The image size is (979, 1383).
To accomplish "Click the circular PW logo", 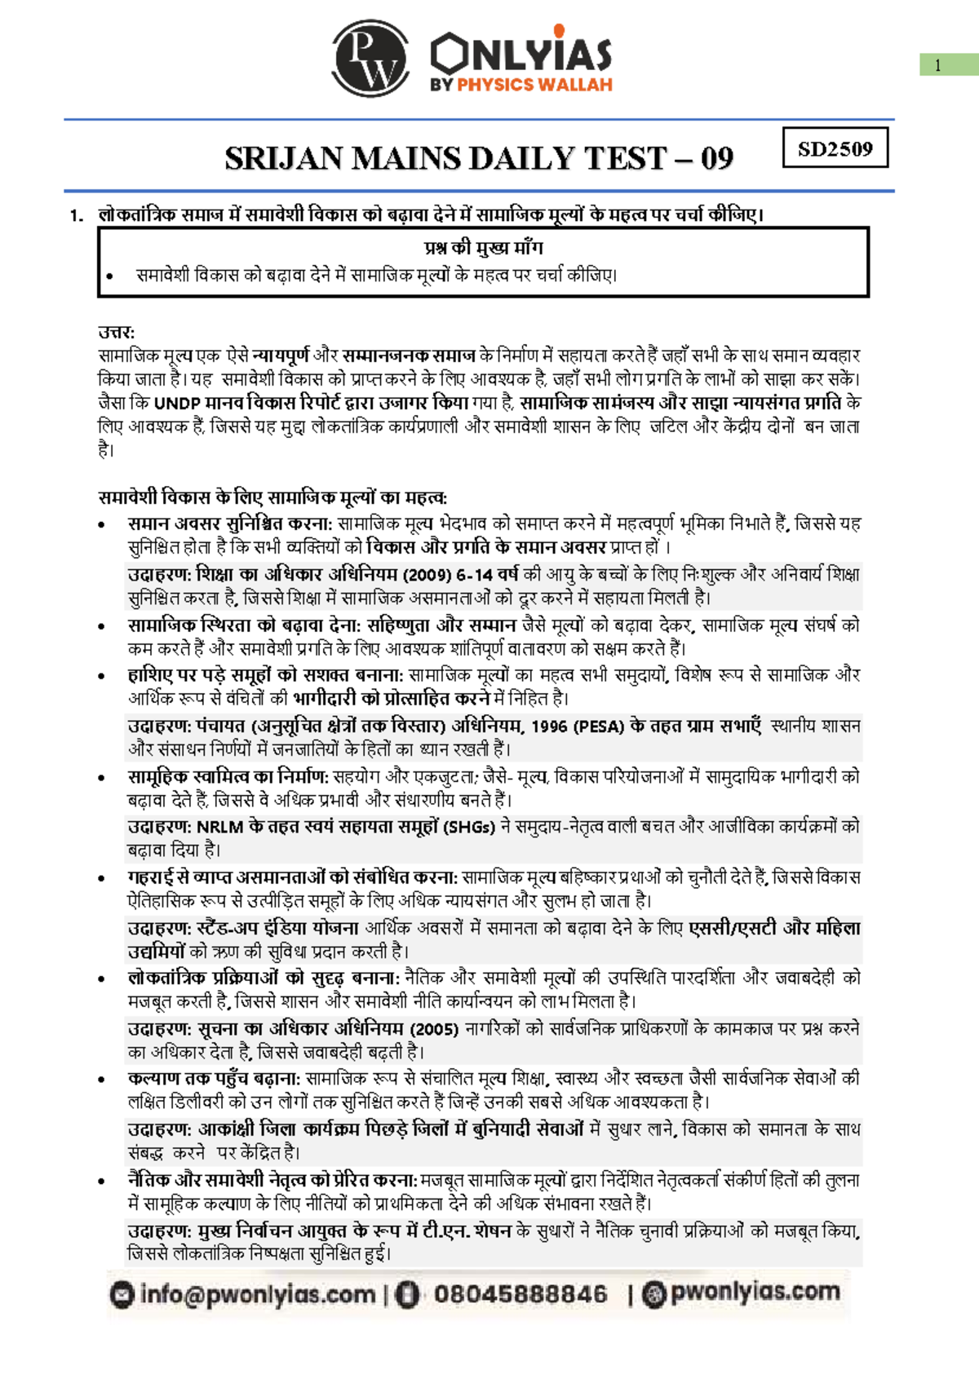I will tap(370, 60).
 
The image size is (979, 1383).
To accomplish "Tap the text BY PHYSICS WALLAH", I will tap(521, 85).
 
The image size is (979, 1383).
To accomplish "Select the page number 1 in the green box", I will tap(938, 66).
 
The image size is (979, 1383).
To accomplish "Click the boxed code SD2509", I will tap(835, 148).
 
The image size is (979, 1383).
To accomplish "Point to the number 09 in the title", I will tap(716, 158).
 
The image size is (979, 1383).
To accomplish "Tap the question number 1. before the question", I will tap(77, 216).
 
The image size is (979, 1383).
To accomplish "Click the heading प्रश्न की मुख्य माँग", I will tap(483, 248).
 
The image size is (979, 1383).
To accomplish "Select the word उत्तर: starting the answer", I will tap(116, 332).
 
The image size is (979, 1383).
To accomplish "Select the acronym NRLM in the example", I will tap(219, 827).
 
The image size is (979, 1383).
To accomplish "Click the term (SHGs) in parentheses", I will tap(469, 827).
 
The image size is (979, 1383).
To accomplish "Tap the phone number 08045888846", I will tap(521, 1294).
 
